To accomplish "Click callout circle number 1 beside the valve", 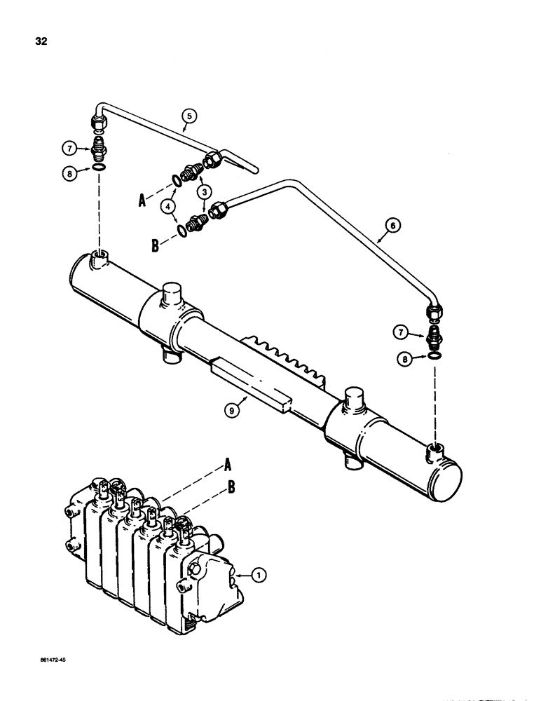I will [259, 576].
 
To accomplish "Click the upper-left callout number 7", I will [68, 148].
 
